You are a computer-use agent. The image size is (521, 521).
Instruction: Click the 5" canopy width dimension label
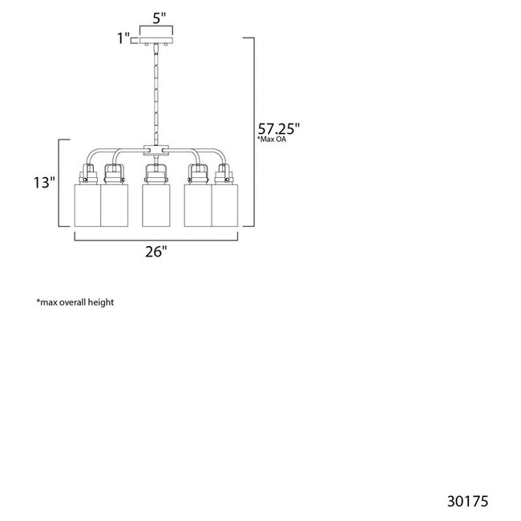click(160, 18)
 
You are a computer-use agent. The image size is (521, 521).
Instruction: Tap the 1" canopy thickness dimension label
click(123, 38)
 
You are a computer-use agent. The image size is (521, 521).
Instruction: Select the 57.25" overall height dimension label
click(279, 128)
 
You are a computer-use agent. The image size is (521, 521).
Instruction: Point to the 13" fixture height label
click(44, 183)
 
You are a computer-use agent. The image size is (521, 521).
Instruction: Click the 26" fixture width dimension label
click(155, 252)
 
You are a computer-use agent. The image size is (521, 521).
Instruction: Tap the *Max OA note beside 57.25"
click(272, 139)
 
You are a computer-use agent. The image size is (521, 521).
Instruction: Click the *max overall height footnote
click(75, 302)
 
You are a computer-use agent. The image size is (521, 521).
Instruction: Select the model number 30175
click(468, 502)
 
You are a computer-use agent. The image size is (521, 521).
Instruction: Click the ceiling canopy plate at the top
click(156, 41)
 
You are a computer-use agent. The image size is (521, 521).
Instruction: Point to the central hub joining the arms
click(155, 151)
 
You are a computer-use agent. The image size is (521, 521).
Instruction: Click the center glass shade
click(155, 206)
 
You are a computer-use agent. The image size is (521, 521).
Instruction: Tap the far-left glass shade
click(87, 206)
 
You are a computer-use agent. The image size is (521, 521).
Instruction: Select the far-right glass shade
click(225, 206)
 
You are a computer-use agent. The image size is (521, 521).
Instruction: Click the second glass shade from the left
click(115, 206)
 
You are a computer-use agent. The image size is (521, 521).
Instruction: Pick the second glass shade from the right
click(198, 206)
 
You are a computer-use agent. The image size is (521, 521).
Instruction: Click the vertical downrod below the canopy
click(155, 95)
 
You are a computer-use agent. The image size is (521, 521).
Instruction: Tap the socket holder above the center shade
click(155, 174)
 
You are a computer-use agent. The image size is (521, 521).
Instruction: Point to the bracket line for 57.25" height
click(254, 132)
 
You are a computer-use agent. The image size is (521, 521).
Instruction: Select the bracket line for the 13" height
click(59, 183)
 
